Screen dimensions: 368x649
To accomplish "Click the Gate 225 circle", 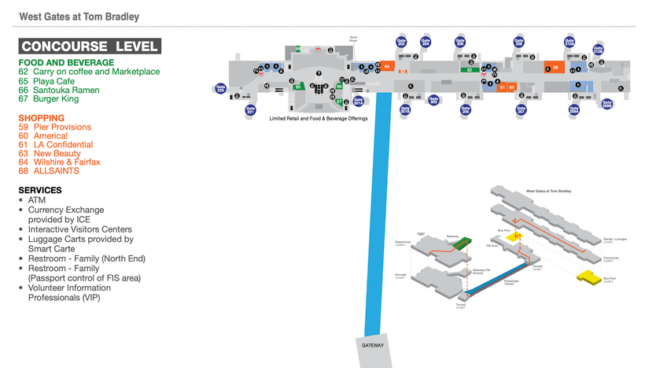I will pyautogui.click(x=222, y=89).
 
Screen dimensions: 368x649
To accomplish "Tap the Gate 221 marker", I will pyautogui.click(x=251, y=110).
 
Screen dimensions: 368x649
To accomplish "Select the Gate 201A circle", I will pyautogui.click(x=358, y=100).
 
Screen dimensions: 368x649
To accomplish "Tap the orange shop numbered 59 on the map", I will pyautogui.click(x=555, y=69).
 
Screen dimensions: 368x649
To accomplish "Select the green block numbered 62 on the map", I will pyautogui.click(x=470, y=70).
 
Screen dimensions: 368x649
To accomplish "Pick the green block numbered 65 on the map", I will pyautogui.click(x=298, y=87).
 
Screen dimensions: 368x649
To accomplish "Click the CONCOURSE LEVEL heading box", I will pyautogui.click(x=90, y=46).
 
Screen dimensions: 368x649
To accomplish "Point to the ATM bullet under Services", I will pyautogui.click(x=36, y=201).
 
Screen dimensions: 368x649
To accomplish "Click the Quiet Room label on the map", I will pyautogui.click(x=353, y=39).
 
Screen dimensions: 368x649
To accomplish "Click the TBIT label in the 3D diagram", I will pyautogui.click(x=420, y=234).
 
